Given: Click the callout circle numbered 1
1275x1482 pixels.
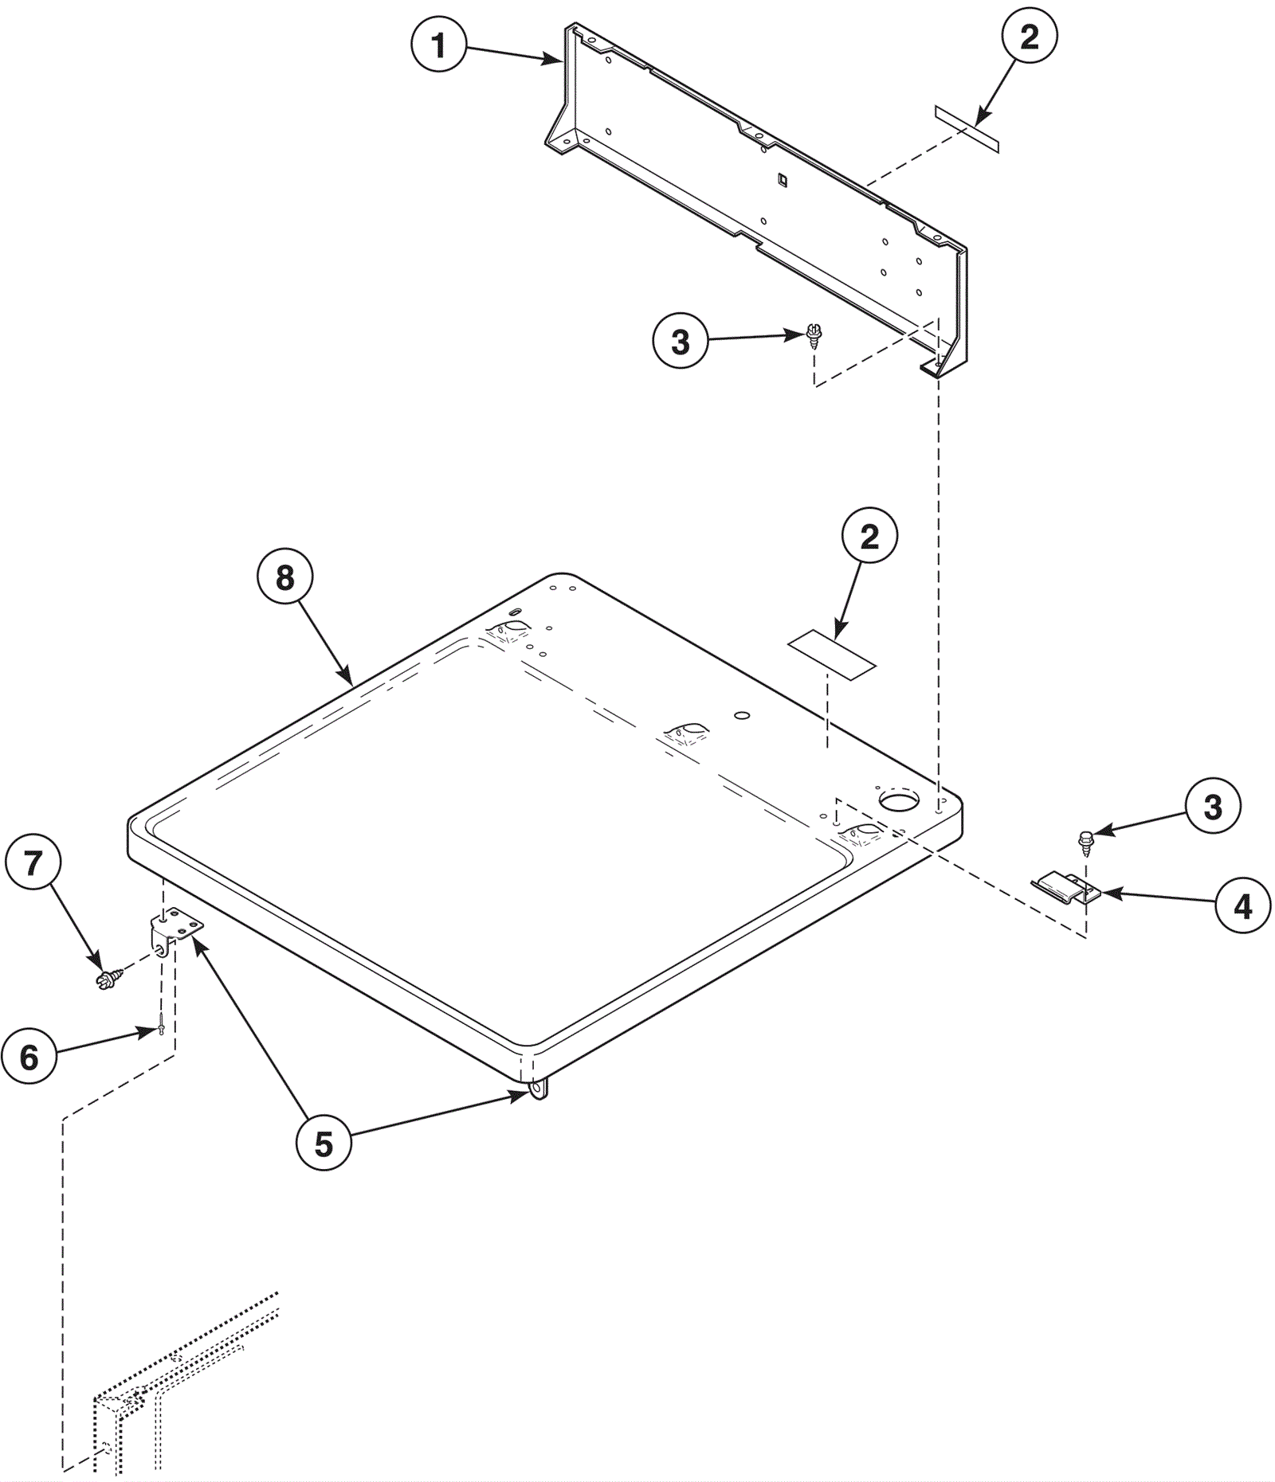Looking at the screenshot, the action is click(439, 45).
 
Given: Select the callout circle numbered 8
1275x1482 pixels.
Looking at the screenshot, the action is click(285, 577).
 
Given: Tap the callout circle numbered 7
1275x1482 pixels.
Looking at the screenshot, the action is click(33, 862).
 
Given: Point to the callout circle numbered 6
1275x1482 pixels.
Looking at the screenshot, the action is click(29, 1057).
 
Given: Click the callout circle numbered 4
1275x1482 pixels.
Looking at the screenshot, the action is click(1243, 906).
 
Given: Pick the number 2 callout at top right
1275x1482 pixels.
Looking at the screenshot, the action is click(1030, 36).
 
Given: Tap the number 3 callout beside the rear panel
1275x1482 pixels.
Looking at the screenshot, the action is click(680, 341).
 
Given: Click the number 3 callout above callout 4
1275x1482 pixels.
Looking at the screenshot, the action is click(1213, 806).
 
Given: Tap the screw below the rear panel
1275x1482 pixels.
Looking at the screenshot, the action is click(814, 336).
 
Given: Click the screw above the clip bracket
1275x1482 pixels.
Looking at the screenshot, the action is click(1085, 841).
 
